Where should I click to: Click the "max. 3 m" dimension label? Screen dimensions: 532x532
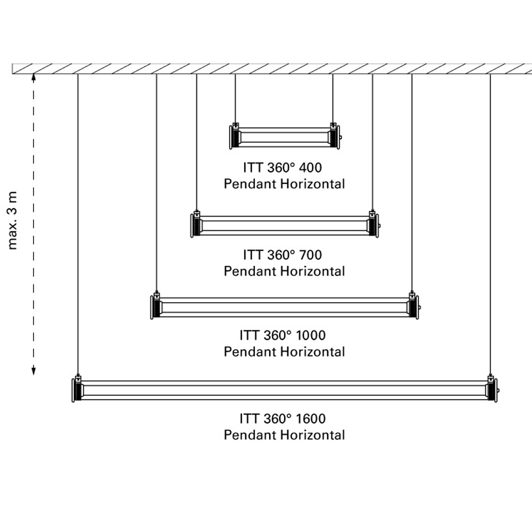coord(13,220)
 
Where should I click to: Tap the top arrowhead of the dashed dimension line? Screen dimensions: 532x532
coord(34,78)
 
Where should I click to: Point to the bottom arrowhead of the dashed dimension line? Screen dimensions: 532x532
coord(34,371)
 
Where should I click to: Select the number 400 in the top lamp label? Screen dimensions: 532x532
coord(311,168)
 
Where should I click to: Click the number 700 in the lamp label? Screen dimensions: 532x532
coord(311,255)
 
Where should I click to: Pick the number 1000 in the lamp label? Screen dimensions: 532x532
coord(312,336)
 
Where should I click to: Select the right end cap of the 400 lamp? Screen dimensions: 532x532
coord(335,137)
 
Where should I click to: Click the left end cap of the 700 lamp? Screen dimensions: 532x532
coord(196,225)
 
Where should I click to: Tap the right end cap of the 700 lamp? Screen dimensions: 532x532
coord(373,225)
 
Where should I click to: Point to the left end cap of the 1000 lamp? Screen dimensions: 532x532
coord(155,307)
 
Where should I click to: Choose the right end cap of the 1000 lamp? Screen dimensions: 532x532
coord(413,307)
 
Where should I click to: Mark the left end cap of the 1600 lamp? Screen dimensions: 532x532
coord(77,390)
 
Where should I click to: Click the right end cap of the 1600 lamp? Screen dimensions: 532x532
coord(492,390)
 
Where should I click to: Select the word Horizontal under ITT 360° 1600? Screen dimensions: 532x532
coord(313,435)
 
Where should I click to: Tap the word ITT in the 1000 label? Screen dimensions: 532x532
coord(249,336)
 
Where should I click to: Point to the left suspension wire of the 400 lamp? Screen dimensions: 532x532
coord(235,98)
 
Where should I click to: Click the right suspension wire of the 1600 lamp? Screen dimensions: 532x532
coord(490,223)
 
